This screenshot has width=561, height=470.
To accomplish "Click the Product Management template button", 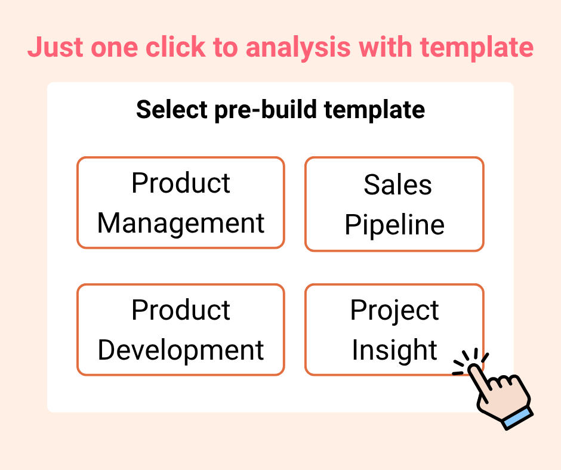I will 180,203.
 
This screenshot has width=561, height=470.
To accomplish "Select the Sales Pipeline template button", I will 394,204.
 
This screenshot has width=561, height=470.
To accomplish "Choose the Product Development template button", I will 180,330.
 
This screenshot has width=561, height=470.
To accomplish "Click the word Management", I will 180,223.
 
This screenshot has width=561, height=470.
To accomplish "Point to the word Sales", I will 397,185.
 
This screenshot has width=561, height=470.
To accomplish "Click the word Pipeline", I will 394,225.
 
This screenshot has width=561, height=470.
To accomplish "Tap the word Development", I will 180,350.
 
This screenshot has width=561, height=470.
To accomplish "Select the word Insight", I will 394,350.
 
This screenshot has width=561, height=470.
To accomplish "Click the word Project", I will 394,310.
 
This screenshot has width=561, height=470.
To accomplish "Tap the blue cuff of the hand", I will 517,418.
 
